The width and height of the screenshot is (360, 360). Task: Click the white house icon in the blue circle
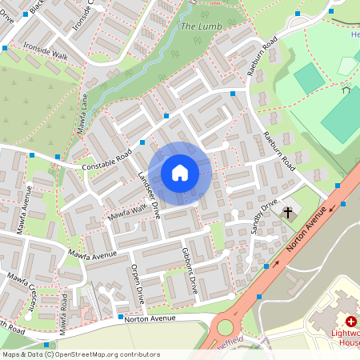(x=180, y=172)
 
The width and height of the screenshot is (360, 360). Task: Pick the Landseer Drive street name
(x=150, y=194)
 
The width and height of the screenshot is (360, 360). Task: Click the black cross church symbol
(x=286, y=212)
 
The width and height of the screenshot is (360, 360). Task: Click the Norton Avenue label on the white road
(x=151, y=318)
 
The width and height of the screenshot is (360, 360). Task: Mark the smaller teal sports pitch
(x=309, y=78)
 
